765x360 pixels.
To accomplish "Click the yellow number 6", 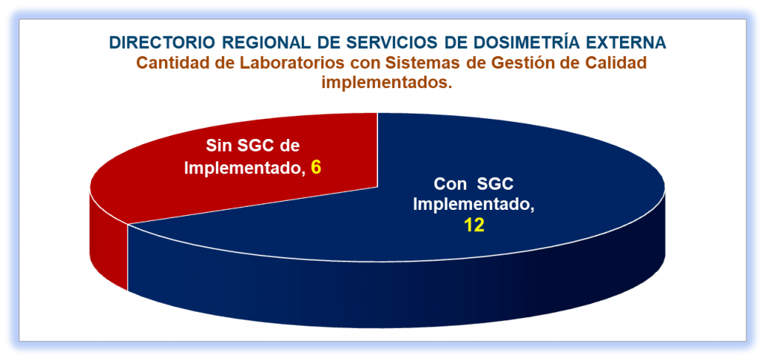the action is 316,168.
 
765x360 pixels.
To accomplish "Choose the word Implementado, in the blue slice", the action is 474,205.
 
